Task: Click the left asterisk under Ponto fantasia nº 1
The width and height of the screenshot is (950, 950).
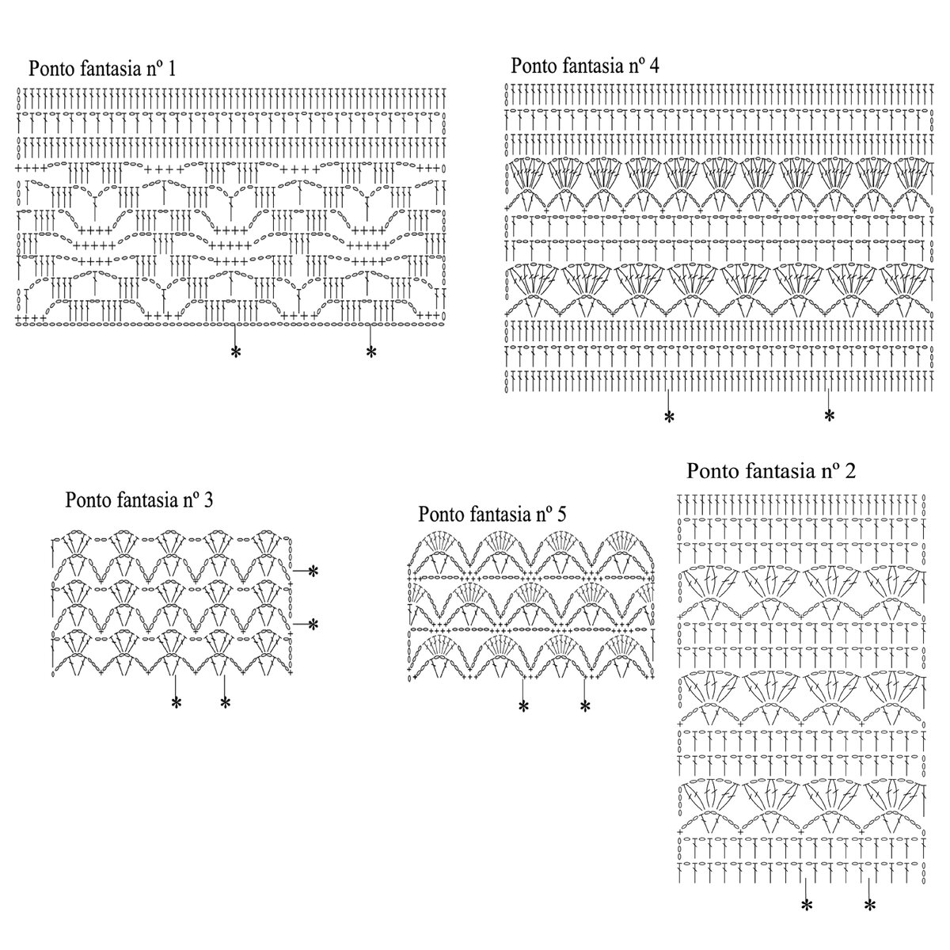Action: pos(235,352)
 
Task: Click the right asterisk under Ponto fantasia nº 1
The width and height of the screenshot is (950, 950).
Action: pos(370,352)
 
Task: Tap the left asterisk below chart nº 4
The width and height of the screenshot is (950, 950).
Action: pos(669,416)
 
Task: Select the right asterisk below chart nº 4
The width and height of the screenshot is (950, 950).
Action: pos(829,415)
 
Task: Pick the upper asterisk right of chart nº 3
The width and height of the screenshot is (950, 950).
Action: pos(313,571)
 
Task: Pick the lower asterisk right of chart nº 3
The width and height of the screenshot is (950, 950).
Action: pos(313,625)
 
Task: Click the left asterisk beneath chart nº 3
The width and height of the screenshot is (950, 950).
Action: pos(176,701)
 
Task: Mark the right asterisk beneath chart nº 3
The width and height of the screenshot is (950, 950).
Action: pos(225,701)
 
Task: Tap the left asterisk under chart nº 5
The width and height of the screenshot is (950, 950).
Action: pos(522,707)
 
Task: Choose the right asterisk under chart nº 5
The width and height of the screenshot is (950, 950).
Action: pos(585,706)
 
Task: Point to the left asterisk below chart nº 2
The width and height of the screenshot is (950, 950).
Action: pos(806,905)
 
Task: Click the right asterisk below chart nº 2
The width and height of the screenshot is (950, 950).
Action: pos(869,905)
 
